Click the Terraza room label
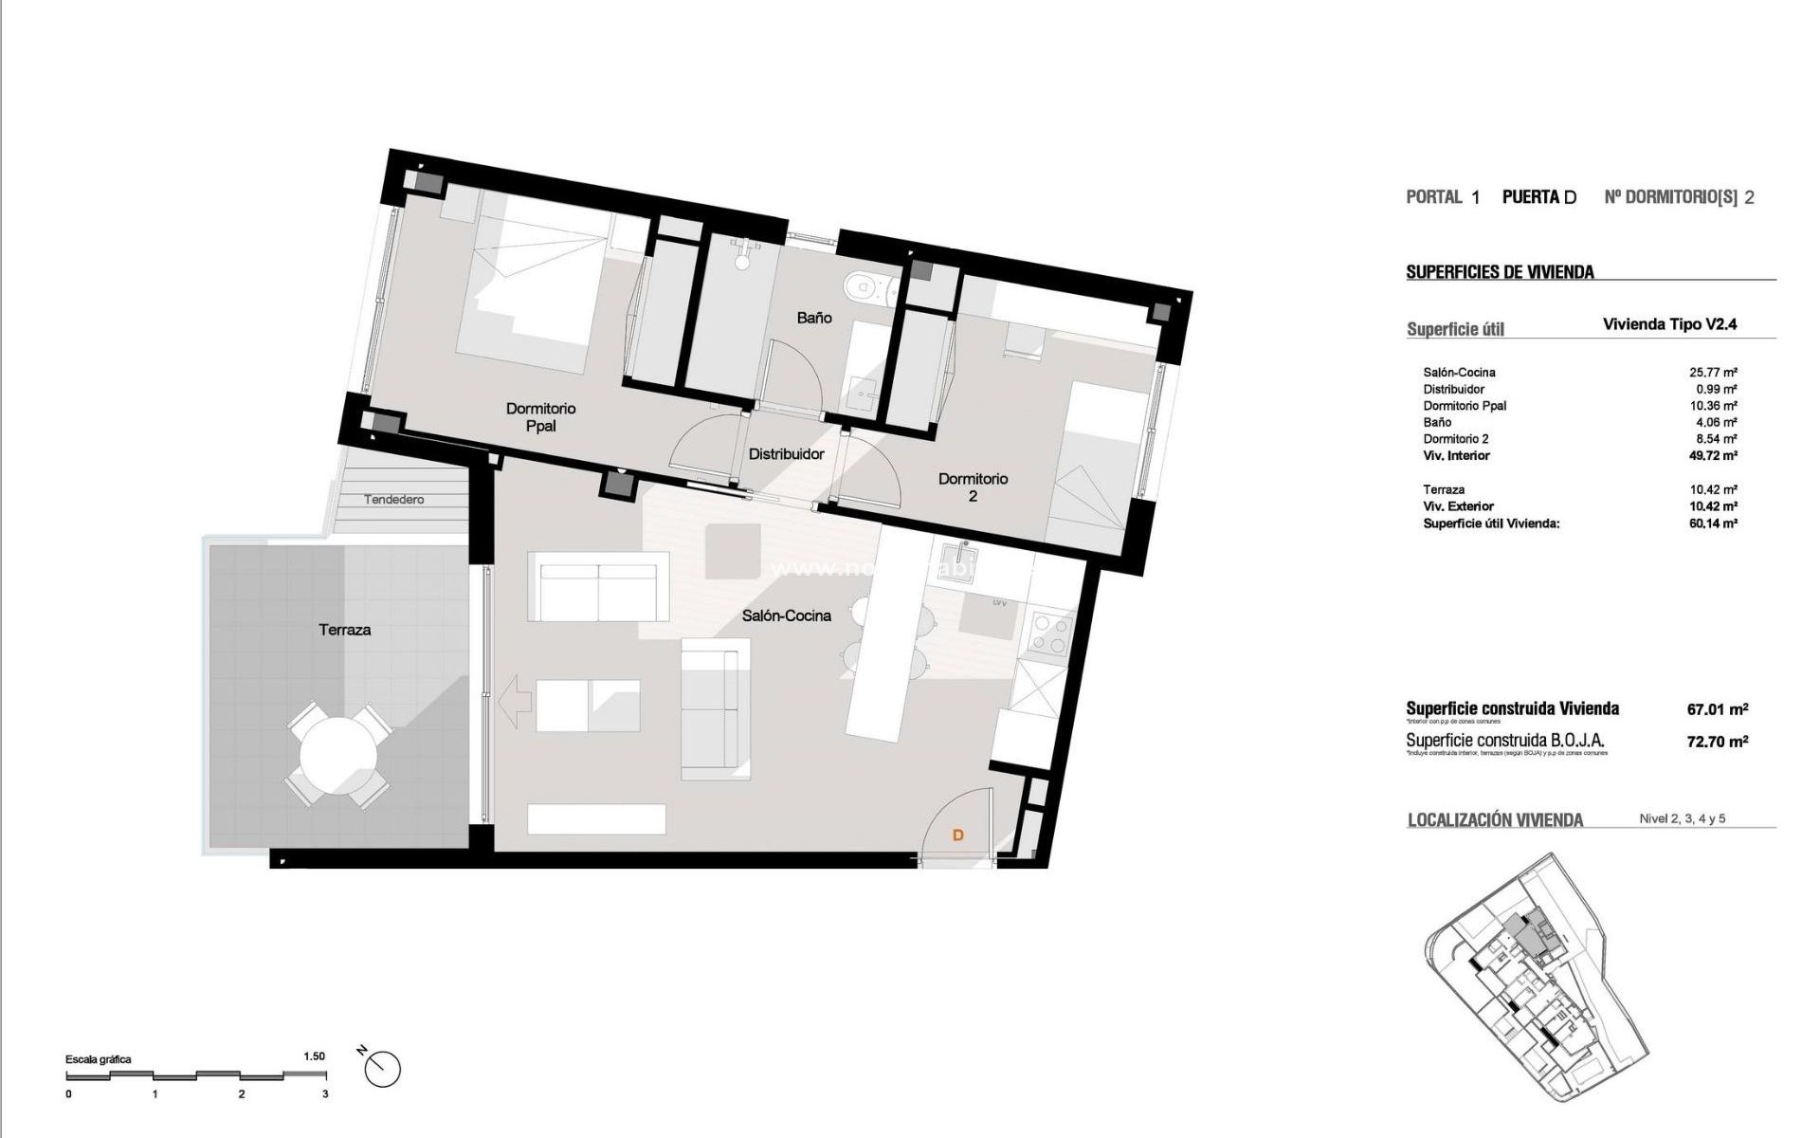point(344,630)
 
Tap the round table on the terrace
point(337,756)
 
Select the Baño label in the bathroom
point(813,318)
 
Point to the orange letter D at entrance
point(957,835)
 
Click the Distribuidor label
point(786,454)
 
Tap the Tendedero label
point(394,500)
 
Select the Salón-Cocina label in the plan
point(786,615)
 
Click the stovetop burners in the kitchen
point(1048,634)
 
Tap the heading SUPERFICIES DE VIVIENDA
point(1500,272)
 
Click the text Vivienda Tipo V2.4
point(1669,324)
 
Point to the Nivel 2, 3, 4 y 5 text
point(1682,818)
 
